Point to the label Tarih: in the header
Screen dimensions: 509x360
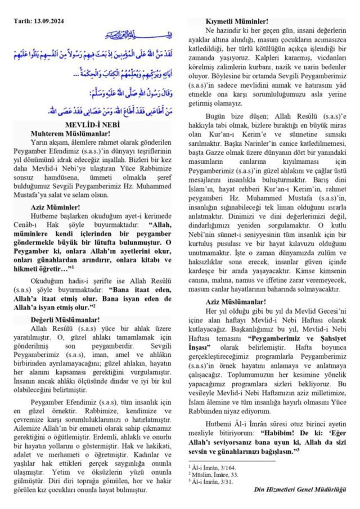point(24,21)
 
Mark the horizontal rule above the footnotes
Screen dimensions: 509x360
point(230,461)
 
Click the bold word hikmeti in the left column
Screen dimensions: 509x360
point(29,269)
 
